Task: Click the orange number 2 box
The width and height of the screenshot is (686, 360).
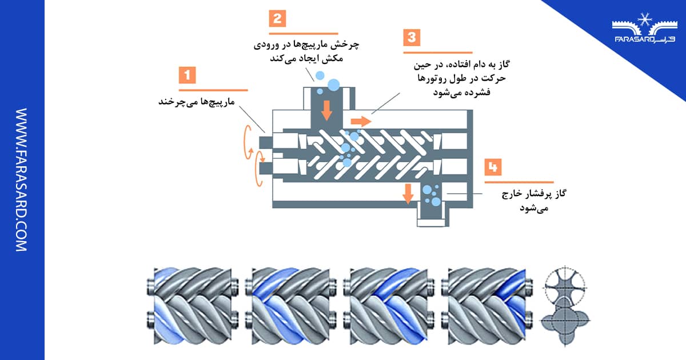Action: click(277, 18)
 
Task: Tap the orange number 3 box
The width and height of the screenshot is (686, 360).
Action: click(411, 38)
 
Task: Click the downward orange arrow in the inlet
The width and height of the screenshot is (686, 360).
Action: click(326, 109)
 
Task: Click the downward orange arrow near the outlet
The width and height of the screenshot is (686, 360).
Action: click(408, 194)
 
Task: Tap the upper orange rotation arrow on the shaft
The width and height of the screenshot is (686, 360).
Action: click(248, 141)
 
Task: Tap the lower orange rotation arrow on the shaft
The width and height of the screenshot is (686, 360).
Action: click(257, 168)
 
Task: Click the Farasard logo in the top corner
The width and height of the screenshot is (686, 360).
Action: click(643, 32)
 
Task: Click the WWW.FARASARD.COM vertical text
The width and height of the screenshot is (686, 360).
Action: click(21, 180)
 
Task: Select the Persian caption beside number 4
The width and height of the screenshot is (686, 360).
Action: click(534, 202)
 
